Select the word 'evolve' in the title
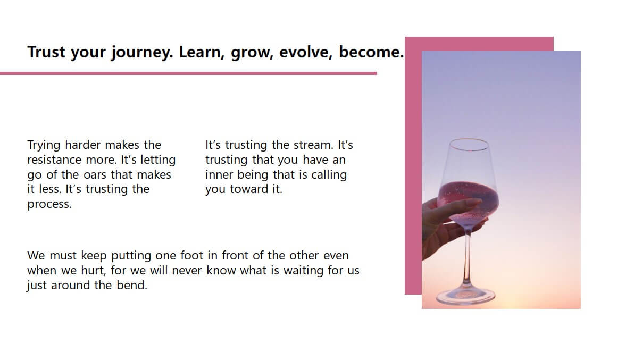click(304, 52)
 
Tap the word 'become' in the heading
click(369, 52)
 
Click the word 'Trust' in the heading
click(46, 52)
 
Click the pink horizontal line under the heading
click(188, 73)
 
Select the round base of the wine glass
click(466, 297)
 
